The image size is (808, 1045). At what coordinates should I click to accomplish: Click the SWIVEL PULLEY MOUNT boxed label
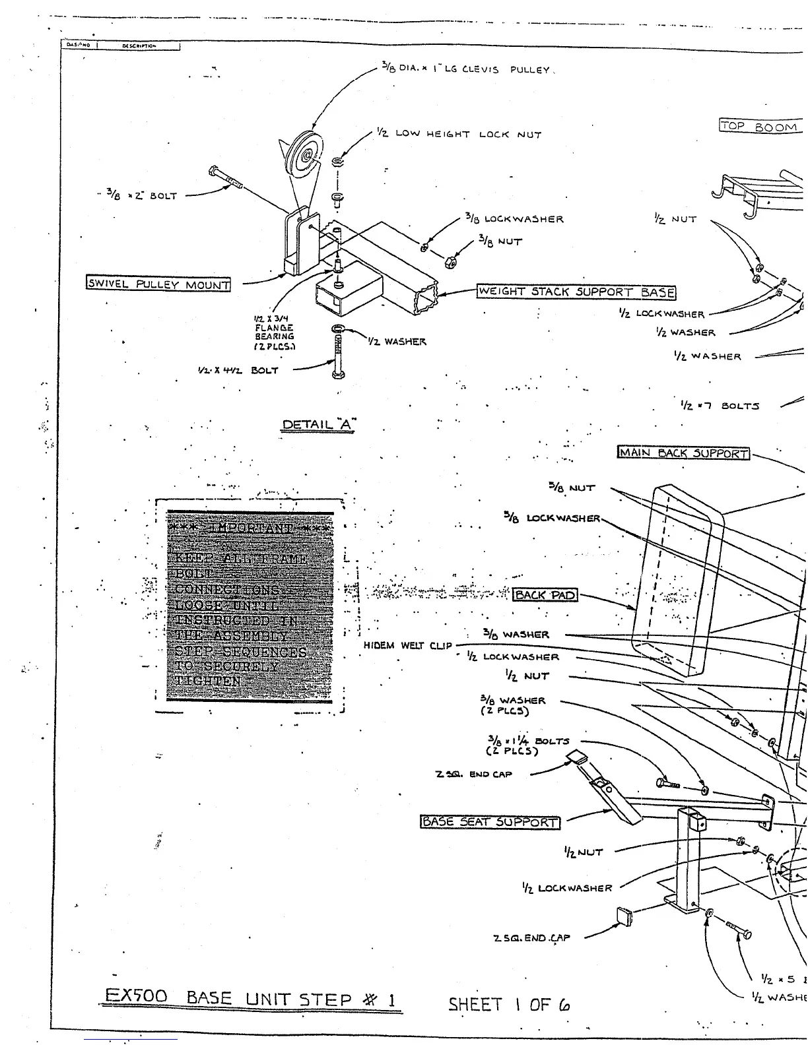click(158, 284)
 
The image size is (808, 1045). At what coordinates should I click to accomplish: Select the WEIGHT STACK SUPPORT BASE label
click(576, 292)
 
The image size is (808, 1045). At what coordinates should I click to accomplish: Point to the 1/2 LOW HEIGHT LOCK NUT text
click(459, 134)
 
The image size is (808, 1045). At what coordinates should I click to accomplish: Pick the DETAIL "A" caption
click(318, 425)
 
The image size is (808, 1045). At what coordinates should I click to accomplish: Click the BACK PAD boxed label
click(545, 595)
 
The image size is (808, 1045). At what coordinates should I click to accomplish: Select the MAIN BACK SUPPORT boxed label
click(684, 453)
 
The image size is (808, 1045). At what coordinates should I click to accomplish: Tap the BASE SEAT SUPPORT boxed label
click(490, 822)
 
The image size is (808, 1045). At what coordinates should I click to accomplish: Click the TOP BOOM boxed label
click(759, 126)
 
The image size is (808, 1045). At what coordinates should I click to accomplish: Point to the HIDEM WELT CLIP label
click(407, 645)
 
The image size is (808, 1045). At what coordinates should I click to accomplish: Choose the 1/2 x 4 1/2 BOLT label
click(238, 371)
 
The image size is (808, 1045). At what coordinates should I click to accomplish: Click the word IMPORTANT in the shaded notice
click(251, 528)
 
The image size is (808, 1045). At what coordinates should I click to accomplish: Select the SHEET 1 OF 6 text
click(509, 1004)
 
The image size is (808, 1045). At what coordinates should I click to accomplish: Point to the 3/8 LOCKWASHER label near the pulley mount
click(514, 219)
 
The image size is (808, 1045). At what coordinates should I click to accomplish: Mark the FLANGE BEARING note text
click(274, 332)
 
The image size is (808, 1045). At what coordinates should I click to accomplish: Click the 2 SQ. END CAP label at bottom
click(531, 937)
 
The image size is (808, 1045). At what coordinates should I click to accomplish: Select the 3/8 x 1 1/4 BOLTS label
click(527, 745)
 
